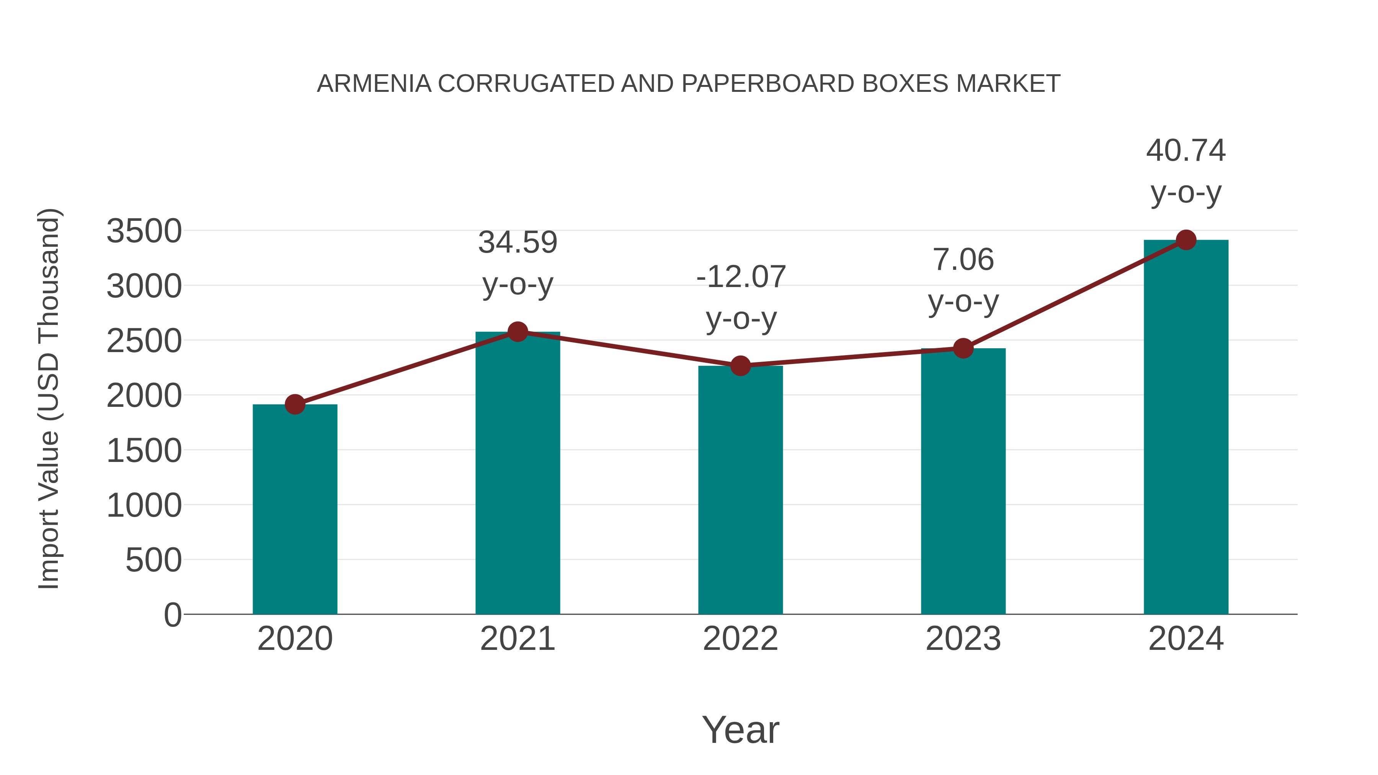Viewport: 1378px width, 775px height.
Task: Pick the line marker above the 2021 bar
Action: [x=517, y=331]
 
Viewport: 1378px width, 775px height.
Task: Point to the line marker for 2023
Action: [x=963, y=348]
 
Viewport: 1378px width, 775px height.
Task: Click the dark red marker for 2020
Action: [x=295, y=405]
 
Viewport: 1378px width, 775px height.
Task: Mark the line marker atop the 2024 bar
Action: [x=1186, y=240]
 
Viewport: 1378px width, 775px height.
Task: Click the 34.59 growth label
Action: [x=517, y=242]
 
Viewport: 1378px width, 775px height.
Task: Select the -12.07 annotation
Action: [x=740, y=277]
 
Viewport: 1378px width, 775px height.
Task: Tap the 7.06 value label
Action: [x=963, y=260]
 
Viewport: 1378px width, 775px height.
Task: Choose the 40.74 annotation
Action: [x=1185, y=150]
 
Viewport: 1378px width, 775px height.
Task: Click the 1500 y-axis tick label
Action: [x=144, y=451]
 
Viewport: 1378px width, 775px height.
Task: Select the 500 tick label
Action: [x=153, y=561]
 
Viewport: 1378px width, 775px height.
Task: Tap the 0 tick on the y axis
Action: [x=172, y=615]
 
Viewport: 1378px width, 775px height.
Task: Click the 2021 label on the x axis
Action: [x=517, y=639]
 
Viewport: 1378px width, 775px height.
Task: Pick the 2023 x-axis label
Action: [x=963, y=639]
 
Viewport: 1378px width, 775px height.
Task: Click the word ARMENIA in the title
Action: [x=374, y=84]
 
